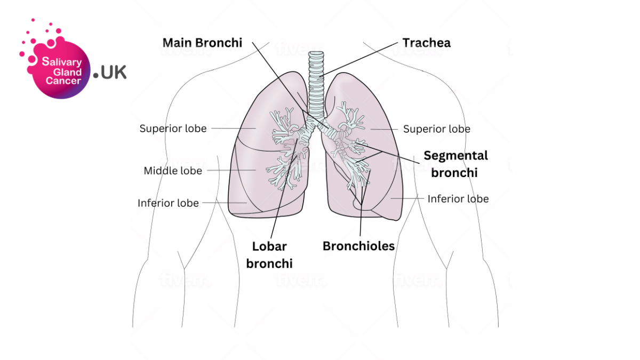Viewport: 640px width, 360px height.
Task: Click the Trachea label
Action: [426, 43]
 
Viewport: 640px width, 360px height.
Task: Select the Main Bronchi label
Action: [202, 43]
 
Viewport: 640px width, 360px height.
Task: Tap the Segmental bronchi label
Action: [455, 164]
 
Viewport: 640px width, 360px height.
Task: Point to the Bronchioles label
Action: [358, 246]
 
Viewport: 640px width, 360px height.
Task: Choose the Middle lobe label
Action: [173, 171]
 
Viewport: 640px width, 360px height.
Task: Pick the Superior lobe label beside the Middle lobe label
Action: [173, 129]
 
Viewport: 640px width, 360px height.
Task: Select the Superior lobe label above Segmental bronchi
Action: [436, 129]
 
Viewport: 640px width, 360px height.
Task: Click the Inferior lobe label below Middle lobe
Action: [168, 203]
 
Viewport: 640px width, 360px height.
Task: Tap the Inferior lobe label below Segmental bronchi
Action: [458, 199]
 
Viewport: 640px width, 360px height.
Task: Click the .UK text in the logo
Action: [109, 73]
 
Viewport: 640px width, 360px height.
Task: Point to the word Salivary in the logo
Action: [62, 62]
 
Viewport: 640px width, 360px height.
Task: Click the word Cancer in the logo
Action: [63, 81]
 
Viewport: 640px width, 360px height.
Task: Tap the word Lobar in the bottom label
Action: [269, 246]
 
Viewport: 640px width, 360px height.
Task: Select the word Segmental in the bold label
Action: [455, 156]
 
